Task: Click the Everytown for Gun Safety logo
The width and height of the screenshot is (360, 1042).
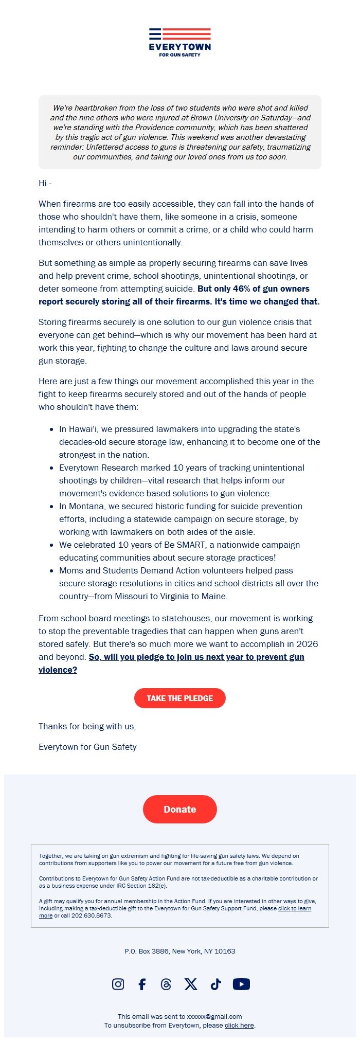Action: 180,43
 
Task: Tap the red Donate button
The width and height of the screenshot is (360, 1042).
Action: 179,809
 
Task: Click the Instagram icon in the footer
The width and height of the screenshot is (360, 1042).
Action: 118,984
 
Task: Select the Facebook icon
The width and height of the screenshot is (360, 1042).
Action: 142,984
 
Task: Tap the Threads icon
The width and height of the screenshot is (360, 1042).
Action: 166,984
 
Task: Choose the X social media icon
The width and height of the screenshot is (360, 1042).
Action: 191,984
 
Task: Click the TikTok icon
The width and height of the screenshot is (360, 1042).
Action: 215,984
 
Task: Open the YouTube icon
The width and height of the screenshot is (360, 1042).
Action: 241,984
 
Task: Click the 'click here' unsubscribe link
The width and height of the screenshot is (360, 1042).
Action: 239,1025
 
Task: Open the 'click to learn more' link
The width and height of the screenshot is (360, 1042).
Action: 294,908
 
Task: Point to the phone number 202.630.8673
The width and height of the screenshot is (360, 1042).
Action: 91,915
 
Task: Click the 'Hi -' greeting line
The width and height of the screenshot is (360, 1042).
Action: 45,183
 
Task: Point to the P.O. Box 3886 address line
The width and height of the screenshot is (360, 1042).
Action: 179,951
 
